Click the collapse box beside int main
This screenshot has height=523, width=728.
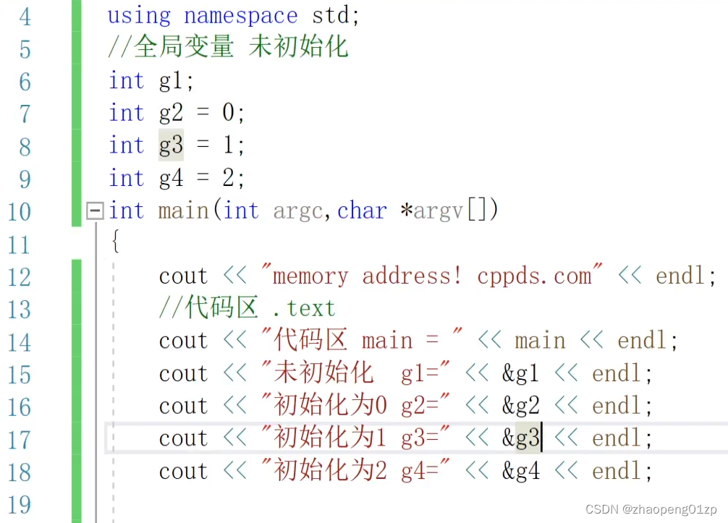point(94,211)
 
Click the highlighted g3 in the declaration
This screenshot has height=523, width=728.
point(171,146)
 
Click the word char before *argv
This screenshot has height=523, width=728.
point(362,211)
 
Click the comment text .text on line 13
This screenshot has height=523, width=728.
point(304,309)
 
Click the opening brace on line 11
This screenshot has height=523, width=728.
point(114,242)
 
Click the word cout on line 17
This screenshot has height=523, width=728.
point(184,438)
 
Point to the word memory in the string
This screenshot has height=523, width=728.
point(310,276)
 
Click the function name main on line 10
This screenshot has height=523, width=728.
point(183,211)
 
